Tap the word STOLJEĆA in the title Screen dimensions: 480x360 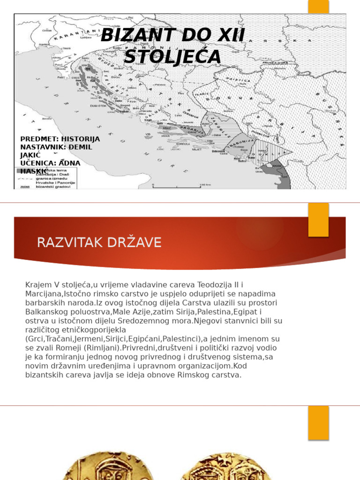point(172,57)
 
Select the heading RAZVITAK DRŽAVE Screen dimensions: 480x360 point(99,242)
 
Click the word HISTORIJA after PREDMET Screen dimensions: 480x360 point(81,139)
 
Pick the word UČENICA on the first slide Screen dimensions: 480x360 point(37,163)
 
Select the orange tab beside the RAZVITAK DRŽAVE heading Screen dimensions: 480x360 point(318,220)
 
